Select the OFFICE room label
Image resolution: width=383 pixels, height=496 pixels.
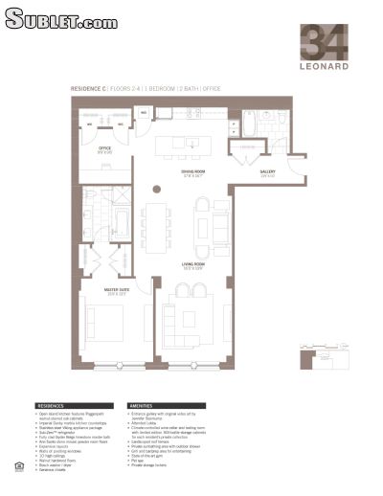click(x=105, y=149)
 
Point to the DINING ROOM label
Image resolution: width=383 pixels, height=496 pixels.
click(x=195, y=173)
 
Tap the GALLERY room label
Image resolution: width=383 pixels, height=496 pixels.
click(x=267, y=173)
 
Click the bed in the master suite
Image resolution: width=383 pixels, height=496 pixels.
click(x=101, y=327)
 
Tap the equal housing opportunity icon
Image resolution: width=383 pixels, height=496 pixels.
click(x=19, y=466)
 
